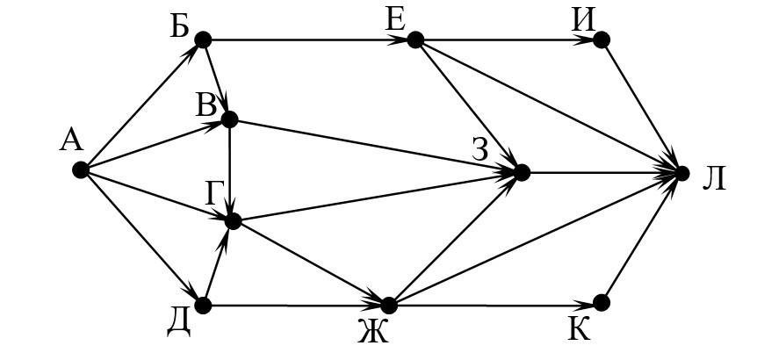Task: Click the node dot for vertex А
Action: click(x=80, y=170)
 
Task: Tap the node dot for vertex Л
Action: click(x=681, y=173)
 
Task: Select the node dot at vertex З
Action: click(x=522, y=172)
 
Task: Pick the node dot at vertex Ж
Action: click(x=389, y=305)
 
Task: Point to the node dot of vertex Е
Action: click(x=415, y=40)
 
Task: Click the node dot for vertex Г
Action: click(x=233, y=221)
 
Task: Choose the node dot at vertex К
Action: click(x=602, y=303)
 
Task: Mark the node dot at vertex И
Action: click(x=602, y=40)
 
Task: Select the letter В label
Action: click(x=207, y=106)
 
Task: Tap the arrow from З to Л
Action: click(x=602, y=173)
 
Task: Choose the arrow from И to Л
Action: click(x=641, y=105)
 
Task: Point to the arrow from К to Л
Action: click(x=641, y=238)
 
